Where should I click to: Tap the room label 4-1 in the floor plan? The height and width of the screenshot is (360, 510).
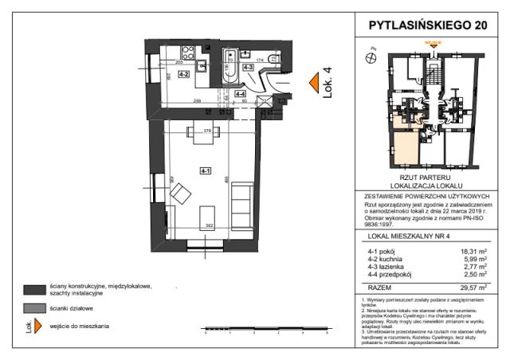(205, 170)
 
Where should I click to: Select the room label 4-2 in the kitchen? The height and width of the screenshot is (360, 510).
(182, 73)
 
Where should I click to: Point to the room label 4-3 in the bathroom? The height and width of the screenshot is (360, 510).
(248, 68)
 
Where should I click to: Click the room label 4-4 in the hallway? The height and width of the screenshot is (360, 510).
(240, 93)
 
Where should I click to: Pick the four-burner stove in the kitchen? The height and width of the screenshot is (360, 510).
(189, 56)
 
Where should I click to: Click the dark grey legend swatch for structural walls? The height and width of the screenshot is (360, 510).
(33, 289)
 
